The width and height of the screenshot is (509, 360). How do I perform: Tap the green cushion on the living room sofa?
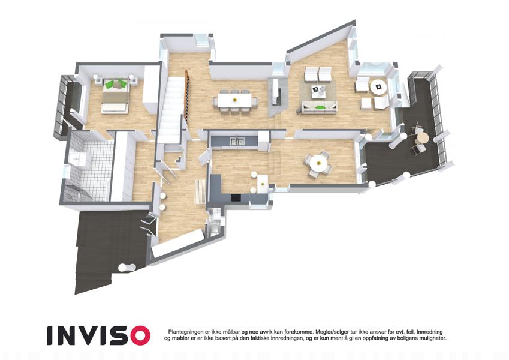(320, 107)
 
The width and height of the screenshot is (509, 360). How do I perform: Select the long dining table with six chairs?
(235, 100)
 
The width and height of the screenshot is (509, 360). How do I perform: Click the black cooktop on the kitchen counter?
(236, 197)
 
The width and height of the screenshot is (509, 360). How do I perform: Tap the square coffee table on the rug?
(319, 91)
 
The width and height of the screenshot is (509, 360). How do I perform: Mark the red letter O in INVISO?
(137, 335)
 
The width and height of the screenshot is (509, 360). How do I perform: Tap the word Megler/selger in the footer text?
(330, 332)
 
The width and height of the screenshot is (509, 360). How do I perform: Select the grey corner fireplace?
(278, 96)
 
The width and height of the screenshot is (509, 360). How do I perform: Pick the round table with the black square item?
(378, 87)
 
